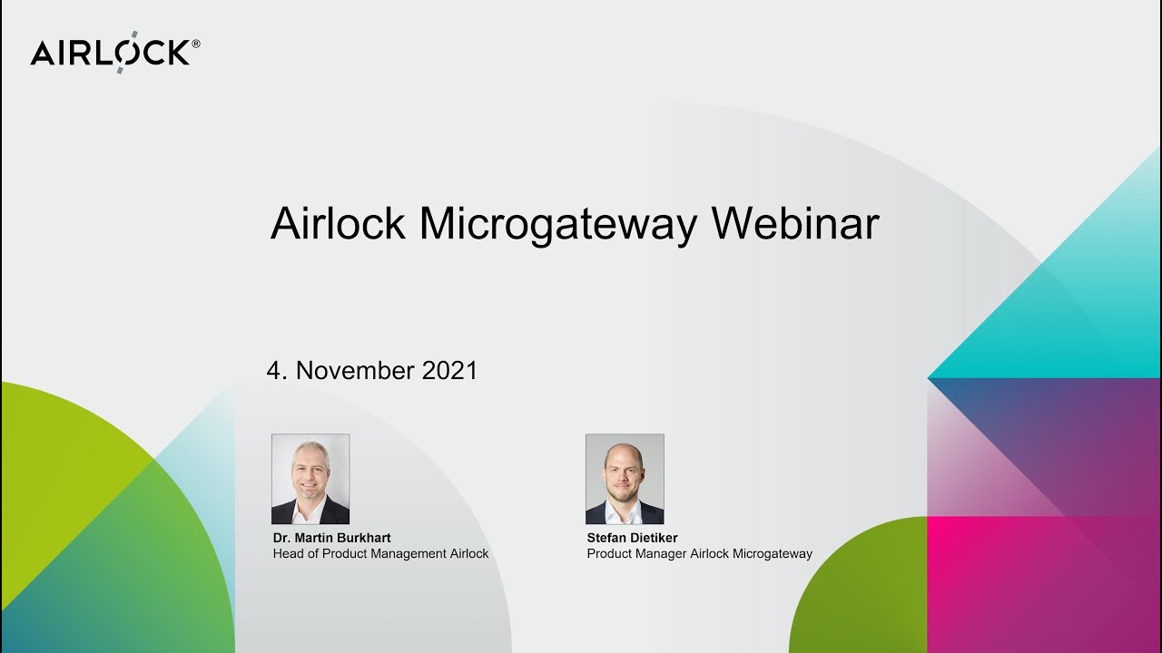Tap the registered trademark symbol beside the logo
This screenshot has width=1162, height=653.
click(x=196, y=43)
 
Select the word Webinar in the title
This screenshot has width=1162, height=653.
click(x=795, y=224)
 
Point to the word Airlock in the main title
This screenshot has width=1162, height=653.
click(x=338, y=224)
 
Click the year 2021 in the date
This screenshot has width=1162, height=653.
click(x=449, y=371)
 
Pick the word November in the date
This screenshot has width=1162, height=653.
click(x=355, y=371)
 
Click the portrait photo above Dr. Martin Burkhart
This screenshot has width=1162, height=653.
click(x=310, y=479)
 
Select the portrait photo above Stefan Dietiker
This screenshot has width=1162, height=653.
click(x=625, y=479)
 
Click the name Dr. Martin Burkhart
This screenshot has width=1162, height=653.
click(x=332, y=538)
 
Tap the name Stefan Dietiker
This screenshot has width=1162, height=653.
click(x=632, y=538)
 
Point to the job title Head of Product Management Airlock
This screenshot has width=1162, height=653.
click(x=380, y=553)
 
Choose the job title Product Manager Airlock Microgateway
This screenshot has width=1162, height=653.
click(x=699, y=553)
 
